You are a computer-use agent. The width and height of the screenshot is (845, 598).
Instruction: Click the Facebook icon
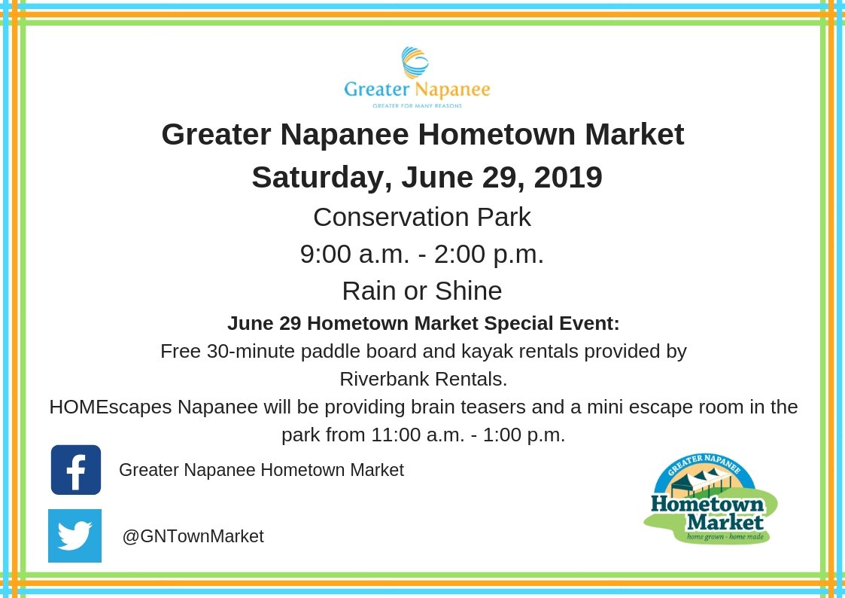coord(76,470)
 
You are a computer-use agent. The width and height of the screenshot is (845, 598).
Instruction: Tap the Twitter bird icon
coord(74,535)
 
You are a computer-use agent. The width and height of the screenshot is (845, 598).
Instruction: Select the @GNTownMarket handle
coord(193,536)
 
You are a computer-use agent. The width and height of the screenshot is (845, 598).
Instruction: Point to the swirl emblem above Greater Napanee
coord(415,63)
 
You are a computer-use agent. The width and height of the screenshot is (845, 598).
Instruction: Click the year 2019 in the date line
coord(568,177)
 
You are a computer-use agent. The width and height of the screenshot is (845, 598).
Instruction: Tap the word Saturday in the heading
coord(318,178)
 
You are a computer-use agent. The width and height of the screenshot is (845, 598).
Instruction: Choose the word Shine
coord(467,291)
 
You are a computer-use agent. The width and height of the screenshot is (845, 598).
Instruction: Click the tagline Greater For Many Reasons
coord(417,106)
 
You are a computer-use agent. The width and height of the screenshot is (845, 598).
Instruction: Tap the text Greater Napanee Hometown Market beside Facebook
coord(261,470)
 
